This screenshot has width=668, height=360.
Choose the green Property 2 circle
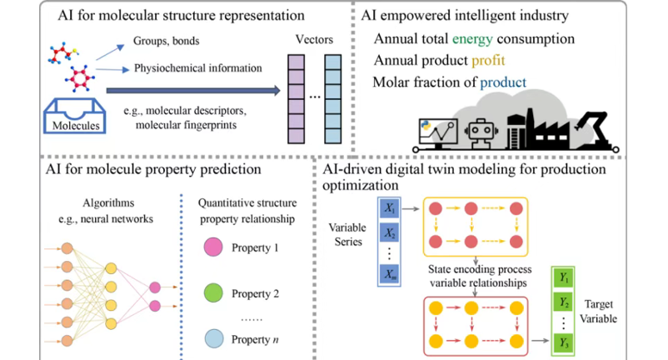(212, 294)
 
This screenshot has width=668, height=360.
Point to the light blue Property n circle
(212, 338)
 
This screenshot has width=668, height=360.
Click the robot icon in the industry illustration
(481, 132)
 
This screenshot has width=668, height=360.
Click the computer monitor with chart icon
(439, 132)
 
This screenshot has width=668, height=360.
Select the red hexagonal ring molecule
(80, 77)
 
